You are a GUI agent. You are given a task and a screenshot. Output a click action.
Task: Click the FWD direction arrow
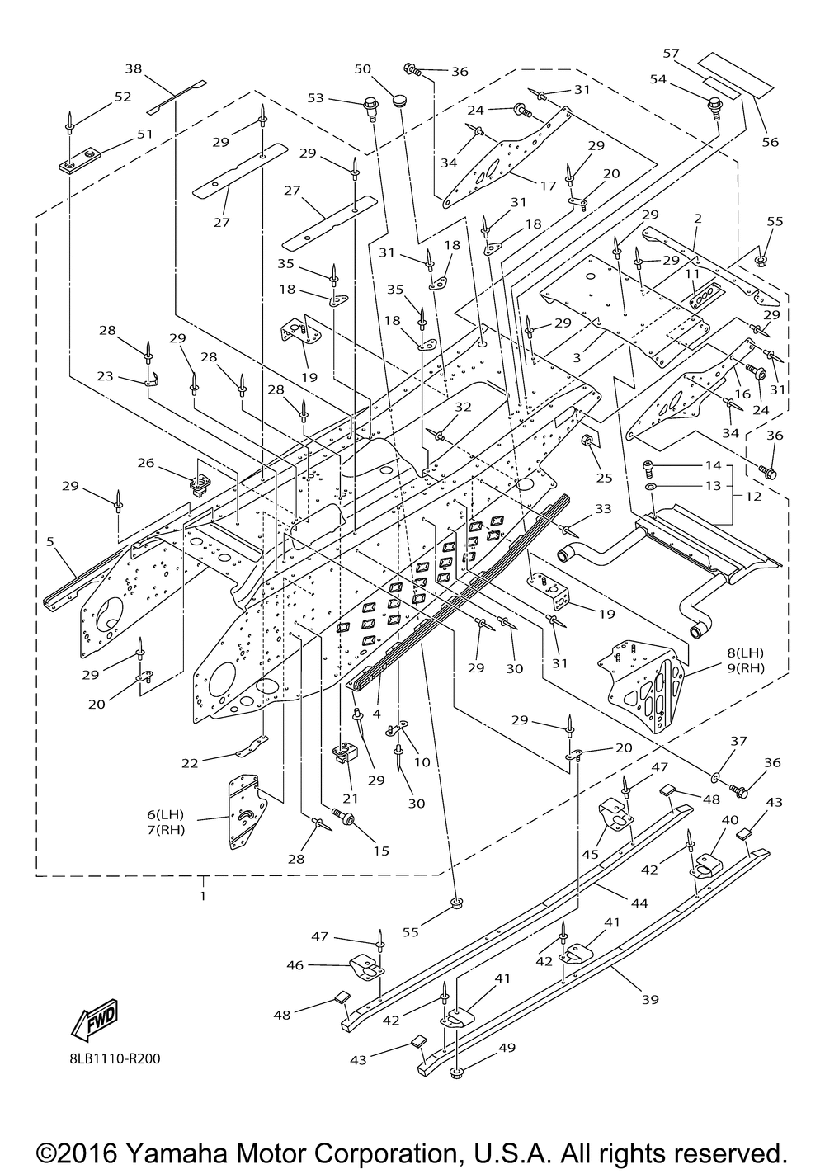(x=96, y=1018)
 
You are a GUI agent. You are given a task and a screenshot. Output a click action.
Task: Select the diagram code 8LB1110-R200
(x=109, y=1058)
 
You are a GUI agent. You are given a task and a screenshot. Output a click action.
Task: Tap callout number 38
(x=134, y=68)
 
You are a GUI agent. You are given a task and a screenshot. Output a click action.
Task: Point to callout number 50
(x=363, y=68)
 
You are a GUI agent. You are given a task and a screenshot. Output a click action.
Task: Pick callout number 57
(x=671, y=54)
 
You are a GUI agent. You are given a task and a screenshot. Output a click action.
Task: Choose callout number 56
(x=770, y=142)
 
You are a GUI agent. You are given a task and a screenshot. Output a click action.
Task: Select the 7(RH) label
(x=165, y=829)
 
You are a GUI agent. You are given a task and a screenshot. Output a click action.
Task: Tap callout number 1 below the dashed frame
(x=202, y=894)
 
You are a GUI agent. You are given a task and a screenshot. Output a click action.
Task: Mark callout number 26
(x=145, y=463)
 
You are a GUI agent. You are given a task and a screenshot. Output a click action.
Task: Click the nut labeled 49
(x=456, y=1073)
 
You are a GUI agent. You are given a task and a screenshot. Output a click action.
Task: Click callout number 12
(x=753, y=497)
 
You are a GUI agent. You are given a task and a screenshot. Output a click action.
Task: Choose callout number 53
(x=315, y=99)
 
